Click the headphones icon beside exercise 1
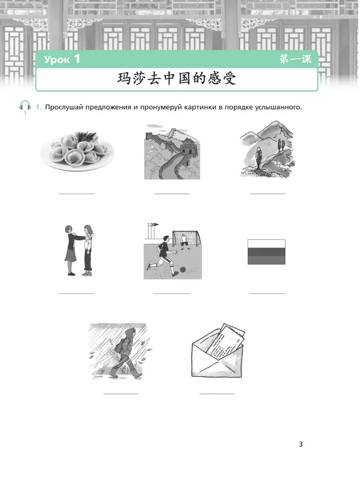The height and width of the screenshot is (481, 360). pos(25,106)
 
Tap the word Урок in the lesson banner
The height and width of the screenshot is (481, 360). pos(57,59)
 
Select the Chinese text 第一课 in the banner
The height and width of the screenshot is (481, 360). pos(295,59)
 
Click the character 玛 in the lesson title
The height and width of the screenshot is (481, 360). pos(124,79)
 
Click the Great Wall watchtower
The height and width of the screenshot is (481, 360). pos(188,148)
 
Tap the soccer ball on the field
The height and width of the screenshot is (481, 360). pos(183,270)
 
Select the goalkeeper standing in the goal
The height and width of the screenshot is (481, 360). pos(183,242)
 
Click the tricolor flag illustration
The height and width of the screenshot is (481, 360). pos(266,252)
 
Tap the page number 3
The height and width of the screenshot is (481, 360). pos(301,444)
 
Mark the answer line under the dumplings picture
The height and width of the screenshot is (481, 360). pos(76,194)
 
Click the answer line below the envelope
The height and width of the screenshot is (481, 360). pos(217,394)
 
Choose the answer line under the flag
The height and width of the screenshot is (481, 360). pos(267,293)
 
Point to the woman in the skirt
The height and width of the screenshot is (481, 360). pos(70,250)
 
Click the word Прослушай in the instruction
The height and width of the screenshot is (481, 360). pos(64,107)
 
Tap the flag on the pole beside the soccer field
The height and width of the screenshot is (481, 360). pos(153,225)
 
